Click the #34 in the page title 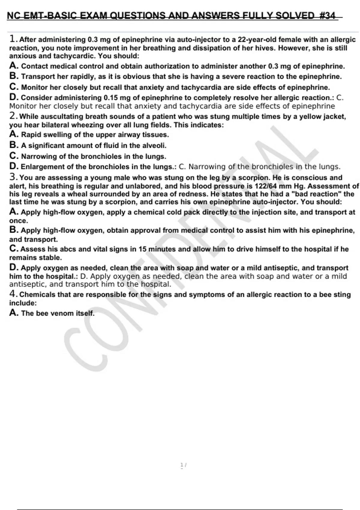tap(327, 16)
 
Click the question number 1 tap(13, 39)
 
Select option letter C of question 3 tap(13, 249)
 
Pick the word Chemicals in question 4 tap(37, 295)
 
